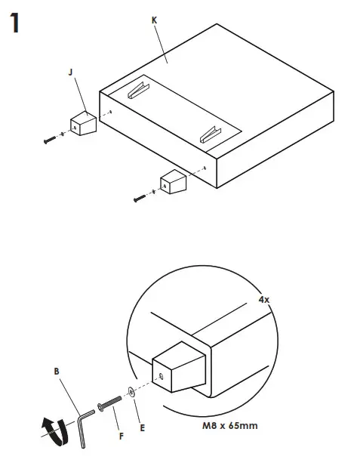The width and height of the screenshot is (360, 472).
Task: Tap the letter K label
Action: (154, 20)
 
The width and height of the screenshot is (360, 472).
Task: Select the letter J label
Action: (70, 72)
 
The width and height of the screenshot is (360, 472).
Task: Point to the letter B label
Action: (56, 372)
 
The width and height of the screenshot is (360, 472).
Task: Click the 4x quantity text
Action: (263, 299)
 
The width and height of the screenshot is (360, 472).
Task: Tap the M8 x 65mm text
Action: (230, 425)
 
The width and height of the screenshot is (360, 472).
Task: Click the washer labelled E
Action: (133, 391)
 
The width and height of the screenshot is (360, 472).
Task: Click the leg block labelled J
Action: (84, 123)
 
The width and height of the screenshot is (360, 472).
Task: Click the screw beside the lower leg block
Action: (140, 198)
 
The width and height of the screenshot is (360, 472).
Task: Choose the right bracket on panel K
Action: (209, 134)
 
